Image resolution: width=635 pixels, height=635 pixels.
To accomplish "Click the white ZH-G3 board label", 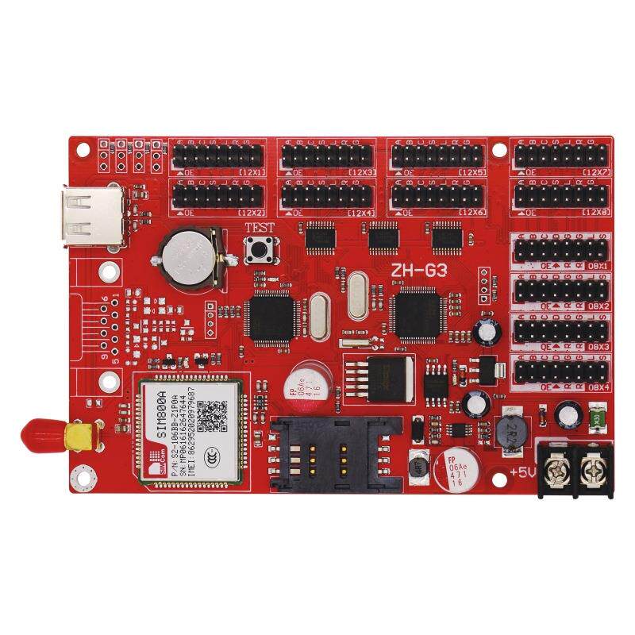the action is tap(418, 270).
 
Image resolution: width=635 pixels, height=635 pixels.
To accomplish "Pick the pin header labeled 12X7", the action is tap(561, 155).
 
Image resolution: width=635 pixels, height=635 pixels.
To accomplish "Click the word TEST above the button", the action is tap(260, 228).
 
